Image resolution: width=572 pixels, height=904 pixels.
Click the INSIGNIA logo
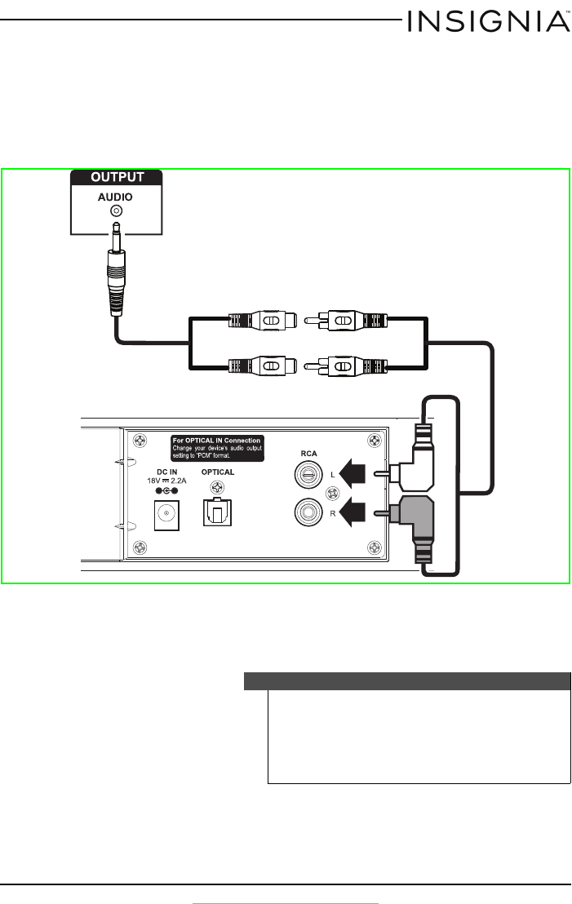[489, 22]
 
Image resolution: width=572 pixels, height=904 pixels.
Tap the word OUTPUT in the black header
[117, 177]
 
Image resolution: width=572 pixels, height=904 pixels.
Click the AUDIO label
[115, 197]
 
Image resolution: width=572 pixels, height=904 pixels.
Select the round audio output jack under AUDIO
[117, 211]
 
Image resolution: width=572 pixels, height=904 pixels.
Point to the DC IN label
[166, 472]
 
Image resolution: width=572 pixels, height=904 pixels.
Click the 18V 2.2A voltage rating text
[166, 481]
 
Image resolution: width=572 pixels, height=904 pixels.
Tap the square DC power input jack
[166, 516]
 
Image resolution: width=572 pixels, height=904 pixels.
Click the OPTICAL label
[217, 472]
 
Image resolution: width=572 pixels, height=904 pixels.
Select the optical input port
[217, 512]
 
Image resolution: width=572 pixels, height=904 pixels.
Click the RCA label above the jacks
[308, 453]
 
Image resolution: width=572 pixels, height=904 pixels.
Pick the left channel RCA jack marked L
[308, 476]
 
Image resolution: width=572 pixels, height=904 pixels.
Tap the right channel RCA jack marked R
[308, 512]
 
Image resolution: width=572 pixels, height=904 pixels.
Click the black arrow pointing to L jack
[353, 473]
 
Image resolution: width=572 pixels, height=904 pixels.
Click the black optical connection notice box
[217, 448]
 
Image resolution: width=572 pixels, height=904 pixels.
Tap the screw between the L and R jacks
[333, 494]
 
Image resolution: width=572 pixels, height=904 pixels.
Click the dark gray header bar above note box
[407, 681]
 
